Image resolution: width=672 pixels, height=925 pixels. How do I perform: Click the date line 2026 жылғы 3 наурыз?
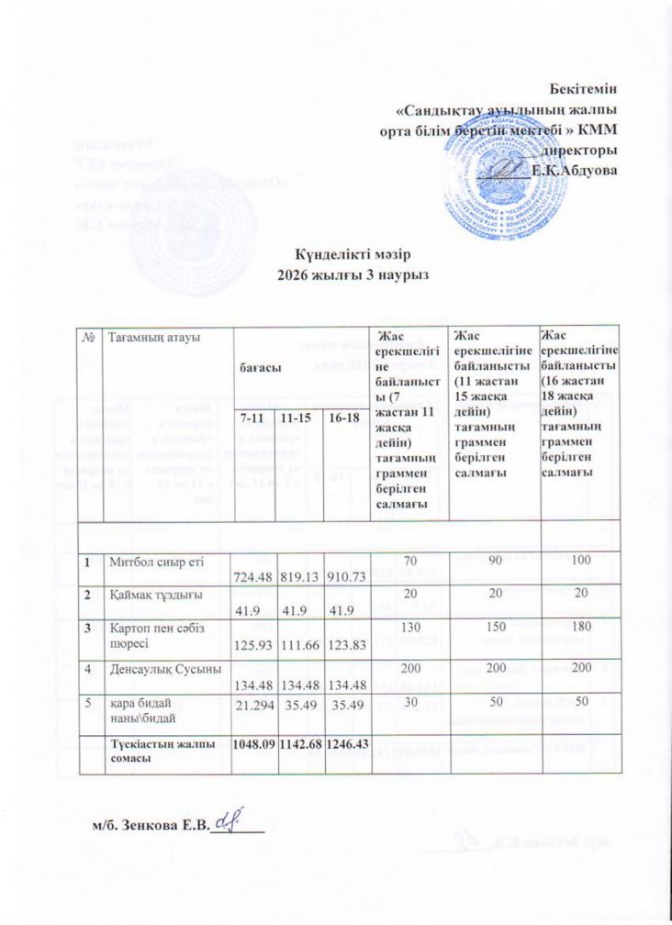[x=336, y=273]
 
